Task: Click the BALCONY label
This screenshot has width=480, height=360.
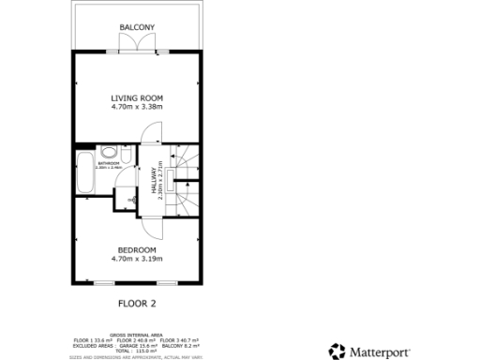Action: coord(137,26)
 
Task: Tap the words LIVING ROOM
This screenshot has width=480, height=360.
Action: coord(137,97)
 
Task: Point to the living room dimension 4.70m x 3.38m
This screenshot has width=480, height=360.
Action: coord(137,107)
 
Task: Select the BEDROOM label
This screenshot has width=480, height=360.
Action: coord(137,249)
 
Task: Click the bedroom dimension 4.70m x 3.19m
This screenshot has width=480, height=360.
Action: coord(137,259)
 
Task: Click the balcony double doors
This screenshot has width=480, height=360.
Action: coord(137,45)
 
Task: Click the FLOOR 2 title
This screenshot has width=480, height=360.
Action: coord(137,303)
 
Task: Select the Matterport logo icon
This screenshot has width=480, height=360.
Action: coord(337,352)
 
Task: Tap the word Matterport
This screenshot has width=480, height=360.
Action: coord(384,352)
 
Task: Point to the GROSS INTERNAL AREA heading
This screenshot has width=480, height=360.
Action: coord(137,334)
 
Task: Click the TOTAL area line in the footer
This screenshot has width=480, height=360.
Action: coord(137,350)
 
